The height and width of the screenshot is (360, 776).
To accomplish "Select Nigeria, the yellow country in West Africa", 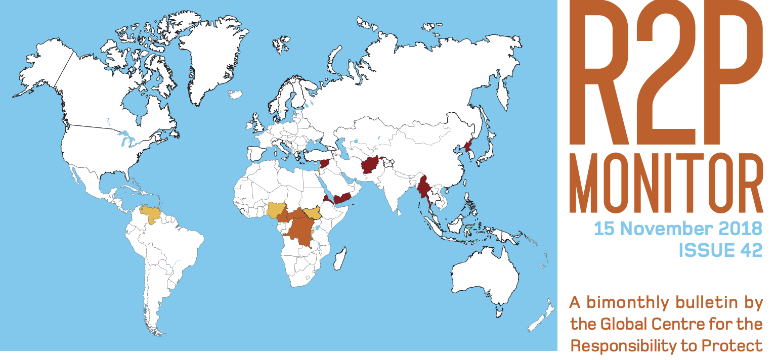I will pos(276,210).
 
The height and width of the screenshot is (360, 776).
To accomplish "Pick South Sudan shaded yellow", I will pos(312,214).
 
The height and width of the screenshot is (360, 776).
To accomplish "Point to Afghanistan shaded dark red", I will pos(371,165).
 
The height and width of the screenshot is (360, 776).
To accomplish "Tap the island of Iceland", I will pos(235,95).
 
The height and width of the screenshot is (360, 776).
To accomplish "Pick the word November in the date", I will pos(667,229).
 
